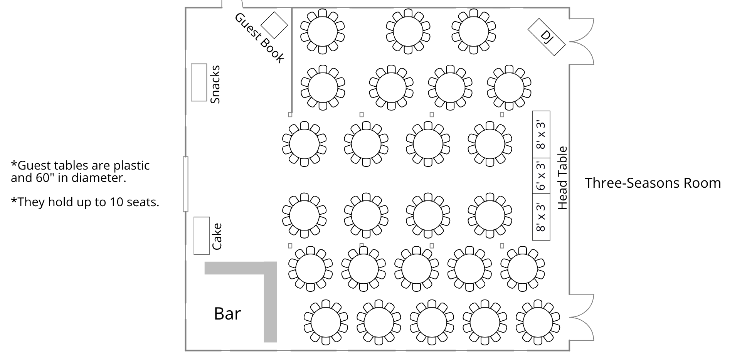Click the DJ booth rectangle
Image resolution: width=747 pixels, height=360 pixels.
pos(546,37)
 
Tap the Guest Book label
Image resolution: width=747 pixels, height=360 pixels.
pos(259,38)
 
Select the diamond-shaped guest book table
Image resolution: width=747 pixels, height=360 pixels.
pos(274,25)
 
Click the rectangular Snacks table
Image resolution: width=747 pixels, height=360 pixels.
pos(199,82)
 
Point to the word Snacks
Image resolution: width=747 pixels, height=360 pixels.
pos(215,84)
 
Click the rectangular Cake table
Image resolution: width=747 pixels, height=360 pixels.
pos(202,236)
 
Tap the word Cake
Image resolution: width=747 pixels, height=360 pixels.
pos(217,236)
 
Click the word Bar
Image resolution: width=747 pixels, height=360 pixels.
pos(227,314)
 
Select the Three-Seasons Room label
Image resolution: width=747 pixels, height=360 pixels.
pos(653,183)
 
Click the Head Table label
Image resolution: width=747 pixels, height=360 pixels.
pos(563,178)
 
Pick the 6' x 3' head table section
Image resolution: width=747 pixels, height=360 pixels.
pos(541,176)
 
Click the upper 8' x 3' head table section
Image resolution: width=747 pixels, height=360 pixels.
pos(541,135)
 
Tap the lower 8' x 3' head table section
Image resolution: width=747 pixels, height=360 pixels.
pos(541,217)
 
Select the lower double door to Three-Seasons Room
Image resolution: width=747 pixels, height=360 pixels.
pos(582,317)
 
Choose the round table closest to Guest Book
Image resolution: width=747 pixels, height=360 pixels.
pos(322,31)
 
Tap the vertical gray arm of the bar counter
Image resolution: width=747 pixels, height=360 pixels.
pos(270,304)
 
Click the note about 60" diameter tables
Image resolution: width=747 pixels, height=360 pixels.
pos(80,172)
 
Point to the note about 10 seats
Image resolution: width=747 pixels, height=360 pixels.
pos(85,202)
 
